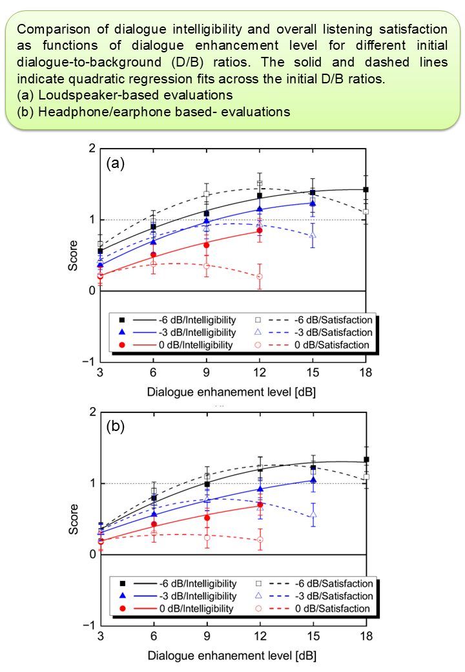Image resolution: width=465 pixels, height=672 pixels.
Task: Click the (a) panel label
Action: pyautogui.click(x=115, y=163)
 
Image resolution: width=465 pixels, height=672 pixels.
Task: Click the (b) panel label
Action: pyautogui.click(x=115, y=426)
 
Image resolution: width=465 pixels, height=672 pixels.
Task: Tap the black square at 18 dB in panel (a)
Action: pyautogui.click(x=366, y=189)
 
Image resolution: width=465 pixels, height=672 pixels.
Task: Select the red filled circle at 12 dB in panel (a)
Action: pyautogui.click(x=260, y=231)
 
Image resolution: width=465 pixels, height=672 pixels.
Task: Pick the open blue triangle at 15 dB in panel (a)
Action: pyautogui.click(x=313, y=235)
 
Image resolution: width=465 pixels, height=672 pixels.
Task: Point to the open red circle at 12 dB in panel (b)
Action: pyautogui.click(x=260, y=540)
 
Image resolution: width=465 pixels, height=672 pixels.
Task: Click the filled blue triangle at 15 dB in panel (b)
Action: pyautogui.click(x=313, y=479)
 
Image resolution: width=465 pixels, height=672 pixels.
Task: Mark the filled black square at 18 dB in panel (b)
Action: pyautogui.click(x=367, y=459)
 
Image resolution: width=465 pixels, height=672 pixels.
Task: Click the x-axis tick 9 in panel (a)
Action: pyautogui.click(x=207, y=372)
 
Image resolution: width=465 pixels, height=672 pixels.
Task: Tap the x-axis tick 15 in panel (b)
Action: pyautogui.click(x=313, y=636)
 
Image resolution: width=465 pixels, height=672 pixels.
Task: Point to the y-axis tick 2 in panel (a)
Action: pyautogui.click(x=92, y=148)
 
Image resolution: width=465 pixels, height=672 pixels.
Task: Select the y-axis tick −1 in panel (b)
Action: pyautogui.click(x=89, y=625)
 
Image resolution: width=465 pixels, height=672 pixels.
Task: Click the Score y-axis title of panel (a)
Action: pyautogui.click(x=73, y=255)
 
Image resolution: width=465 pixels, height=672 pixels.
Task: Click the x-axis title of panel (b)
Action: pyautogui.click(x=232, y=656)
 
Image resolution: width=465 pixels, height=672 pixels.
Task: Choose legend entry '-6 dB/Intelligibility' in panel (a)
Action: pyautogui.click(x=198, y=320)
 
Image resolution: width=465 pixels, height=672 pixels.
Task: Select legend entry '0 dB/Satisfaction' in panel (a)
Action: pyautogui.click(x=332, y=345)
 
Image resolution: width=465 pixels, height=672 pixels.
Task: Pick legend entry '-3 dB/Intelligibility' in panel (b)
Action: pyautogui.click(x=198, y=596)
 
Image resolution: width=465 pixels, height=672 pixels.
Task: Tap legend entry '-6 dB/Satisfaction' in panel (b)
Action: pyautogui.click(x=334, y=583)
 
